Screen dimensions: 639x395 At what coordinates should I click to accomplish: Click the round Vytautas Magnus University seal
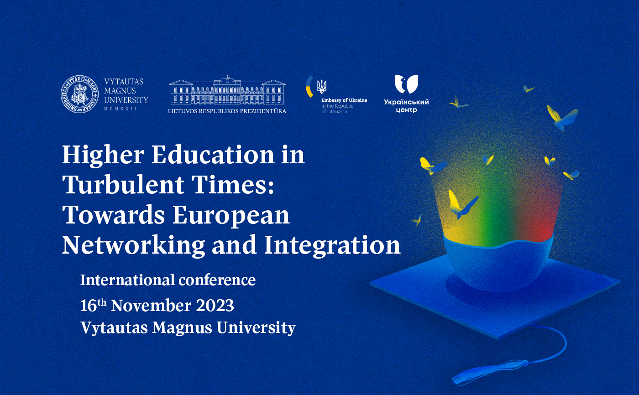[x=79, y=94]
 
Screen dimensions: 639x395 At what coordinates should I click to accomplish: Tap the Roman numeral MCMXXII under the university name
[x=120, y=109]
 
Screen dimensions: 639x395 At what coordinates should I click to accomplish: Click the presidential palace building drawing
[x=227, y=90]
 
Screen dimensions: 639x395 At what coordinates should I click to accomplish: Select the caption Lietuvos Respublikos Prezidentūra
[x=227, y=111]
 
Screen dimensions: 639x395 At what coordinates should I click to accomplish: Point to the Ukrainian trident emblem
[x=322, y=86]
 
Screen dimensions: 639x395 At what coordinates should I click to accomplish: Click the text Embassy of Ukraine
[x=344, y=100]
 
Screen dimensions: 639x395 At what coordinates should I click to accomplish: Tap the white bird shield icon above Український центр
[x=406, y=84]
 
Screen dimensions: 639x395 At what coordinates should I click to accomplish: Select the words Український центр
[x=406, y=106]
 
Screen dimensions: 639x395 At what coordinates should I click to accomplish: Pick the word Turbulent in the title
[x=123, y=185]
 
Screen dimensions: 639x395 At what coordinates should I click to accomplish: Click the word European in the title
[x=231, y=216]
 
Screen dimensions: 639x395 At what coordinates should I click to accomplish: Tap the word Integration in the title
[x=332, y=245]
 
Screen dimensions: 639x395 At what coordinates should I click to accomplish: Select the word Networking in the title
[x=133, y=245]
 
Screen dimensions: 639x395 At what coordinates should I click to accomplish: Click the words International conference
[x=168, y=280]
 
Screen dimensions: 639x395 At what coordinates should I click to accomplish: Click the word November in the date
[x=151, y=306]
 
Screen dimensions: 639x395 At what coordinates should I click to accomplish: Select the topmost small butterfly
[x=529, y=89]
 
